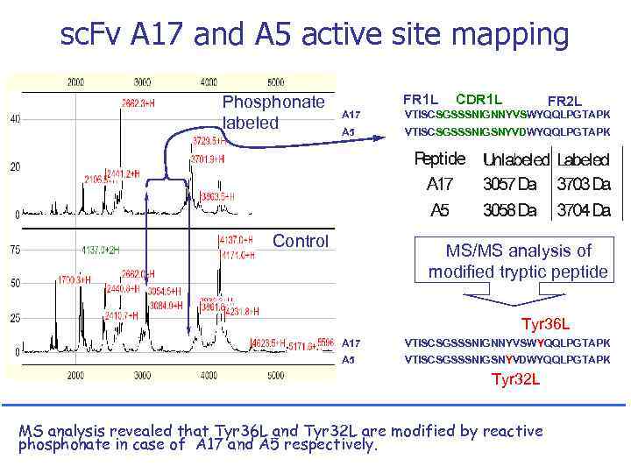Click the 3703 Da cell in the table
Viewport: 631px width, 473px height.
tap(584, 184)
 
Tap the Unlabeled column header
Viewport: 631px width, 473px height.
tap(515, 159)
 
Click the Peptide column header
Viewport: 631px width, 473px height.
tap(439, 159)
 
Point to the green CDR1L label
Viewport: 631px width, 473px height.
tap(479, 99)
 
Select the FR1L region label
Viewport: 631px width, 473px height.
tap(420, 99)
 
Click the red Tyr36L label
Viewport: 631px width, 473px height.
tap(546, 323)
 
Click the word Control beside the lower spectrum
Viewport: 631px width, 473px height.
tap(301, 241)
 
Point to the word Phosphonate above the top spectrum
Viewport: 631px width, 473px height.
tap(273, 102)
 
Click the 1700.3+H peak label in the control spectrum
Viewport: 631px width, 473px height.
tap(74, 279)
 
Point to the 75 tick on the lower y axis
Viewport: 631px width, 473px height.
tap(15, 250)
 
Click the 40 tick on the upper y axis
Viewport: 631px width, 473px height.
tap(15, 119)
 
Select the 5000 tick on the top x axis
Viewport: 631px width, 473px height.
tap(275, 81)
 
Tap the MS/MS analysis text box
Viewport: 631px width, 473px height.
tap(517, 261)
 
